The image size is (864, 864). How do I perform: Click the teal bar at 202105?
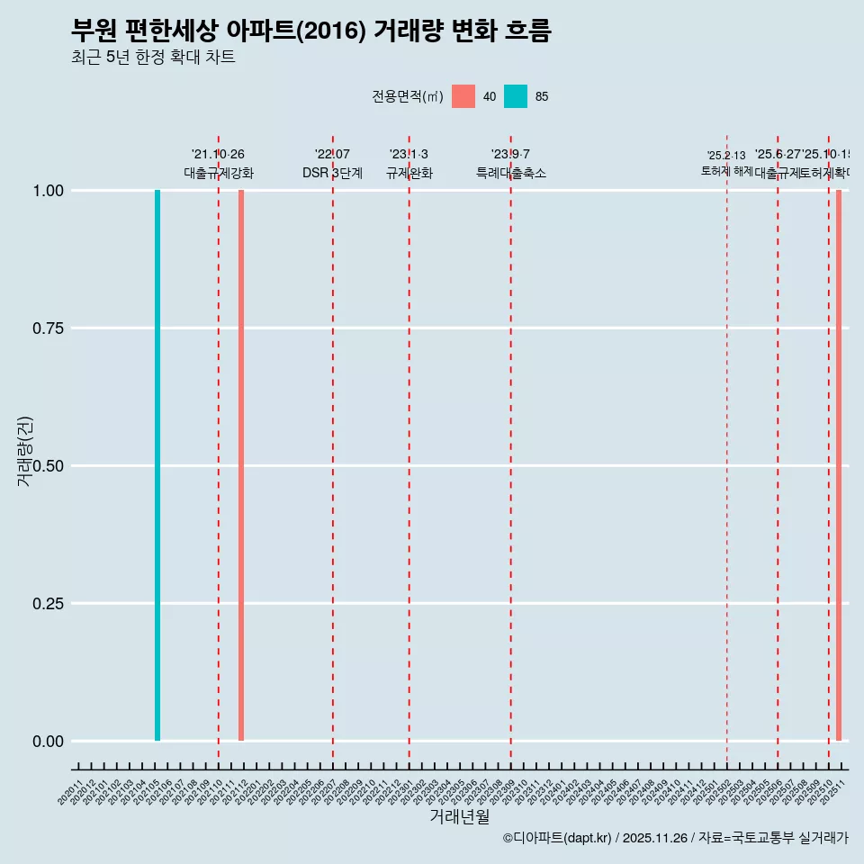point(157,465)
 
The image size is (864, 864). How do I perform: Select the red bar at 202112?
point(241,465)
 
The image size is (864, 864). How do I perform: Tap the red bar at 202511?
point(839,465)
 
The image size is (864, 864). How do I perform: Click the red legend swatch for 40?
point(463,96)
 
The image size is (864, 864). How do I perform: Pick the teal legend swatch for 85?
point(516,96)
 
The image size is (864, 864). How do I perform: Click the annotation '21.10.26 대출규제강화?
point(219,164)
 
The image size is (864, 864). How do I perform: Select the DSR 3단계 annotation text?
point(332,173)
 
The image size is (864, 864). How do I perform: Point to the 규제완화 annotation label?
point(409,173)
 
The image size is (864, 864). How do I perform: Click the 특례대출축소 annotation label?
point(511,173)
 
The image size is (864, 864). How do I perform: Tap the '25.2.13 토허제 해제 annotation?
point(726,164)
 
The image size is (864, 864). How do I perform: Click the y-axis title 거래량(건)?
point(24,451)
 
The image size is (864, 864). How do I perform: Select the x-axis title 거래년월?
point(460,816)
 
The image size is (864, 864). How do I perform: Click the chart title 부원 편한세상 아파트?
point(310,31)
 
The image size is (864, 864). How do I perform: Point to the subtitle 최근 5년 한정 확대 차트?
point(153,58)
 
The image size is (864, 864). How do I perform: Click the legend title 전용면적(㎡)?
point(407,96)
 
